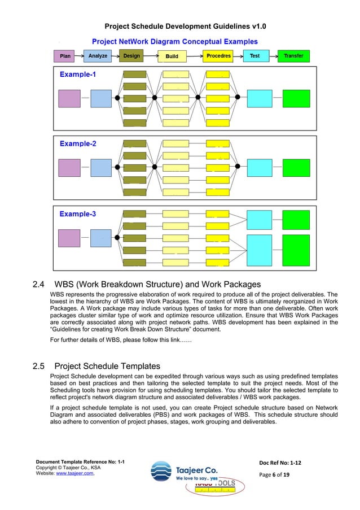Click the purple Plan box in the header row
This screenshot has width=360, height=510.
[x=66, y=56]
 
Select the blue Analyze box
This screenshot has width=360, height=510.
[x=98, y=56]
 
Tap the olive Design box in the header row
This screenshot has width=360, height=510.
[x=131, y=56]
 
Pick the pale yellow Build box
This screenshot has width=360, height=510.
[x=172, y=56]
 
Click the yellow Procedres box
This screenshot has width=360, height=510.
[x=218, y=56]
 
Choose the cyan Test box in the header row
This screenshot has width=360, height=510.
[x=255, y=56]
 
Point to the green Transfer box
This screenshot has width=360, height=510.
[x=293, y=56]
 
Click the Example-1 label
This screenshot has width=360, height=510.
[x=78, y=75]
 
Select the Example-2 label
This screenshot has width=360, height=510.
[x=78, y=144]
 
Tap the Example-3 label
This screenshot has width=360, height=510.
[x=78, y=214]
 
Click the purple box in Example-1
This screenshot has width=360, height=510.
[x=69, y=98]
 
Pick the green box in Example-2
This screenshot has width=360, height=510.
[x=296, y=167]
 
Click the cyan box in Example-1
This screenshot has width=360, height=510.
[x=260, y=98]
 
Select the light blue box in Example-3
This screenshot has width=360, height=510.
[x=101, y=238]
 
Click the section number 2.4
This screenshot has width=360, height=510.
[x=40, y=284]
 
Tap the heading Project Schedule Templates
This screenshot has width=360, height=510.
[x=107, y=365]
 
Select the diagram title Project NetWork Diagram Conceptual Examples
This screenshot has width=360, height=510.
[x=175, y=41]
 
